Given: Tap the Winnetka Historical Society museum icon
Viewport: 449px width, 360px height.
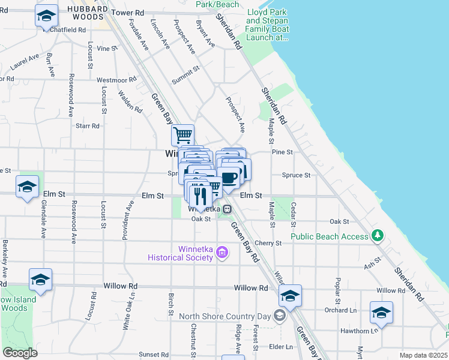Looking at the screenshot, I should [x=222, y=253].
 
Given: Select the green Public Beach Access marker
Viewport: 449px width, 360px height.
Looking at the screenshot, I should [x=377, y=235].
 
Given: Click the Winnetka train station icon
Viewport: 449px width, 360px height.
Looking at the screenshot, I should [x=228, y=209].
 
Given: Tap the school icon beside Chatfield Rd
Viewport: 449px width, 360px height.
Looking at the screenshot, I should [x=46, y=16].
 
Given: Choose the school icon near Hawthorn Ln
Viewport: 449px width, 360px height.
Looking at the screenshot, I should [x=381, y=313].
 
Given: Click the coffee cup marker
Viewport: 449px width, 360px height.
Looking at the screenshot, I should [x=229, y=177].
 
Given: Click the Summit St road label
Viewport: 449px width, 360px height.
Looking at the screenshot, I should [x=186, y=73].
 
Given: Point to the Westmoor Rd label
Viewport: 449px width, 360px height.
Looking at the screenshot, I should [x=112, y=79].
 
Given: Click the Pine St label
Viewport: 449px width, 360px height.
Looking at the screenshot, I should [x=282, y=152].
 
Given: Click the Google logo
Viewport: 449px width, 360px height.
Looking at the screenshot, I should [x=20, y=353].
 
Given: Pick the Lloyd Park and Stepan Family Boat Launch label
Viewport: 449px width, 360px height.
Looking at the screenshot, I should [x=268, y=25].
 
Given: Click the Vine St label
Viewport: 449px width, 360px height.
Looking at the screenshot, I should [x=106, y=48].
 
